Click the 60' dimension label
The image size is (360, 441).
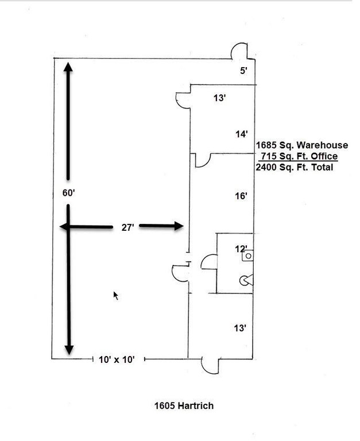coord(69,193)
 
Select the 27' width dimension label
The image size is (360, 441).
coord(127,227)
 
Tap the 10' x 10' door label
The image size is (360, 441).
coord(117,359)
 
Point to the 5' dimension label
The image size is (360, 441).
coord(243,70)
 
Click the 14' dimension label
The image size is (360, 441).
coord(242,134)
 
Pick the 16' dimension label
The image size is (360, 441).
coord(241,196)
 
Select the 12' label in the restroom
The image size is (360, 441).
coord(241,249)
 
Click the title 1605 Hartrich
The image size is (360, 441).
coord(184,405)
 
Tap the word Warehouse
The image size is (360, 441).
coord(322,145)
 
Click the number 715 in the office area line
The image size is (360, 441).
coord(268,156)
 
